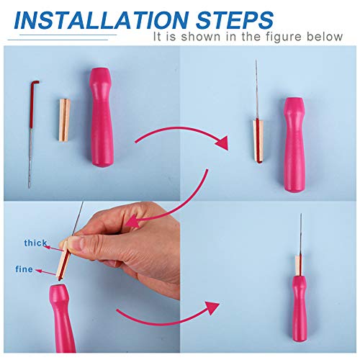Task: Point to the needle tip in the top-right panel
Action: click(x=256, y=65)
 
